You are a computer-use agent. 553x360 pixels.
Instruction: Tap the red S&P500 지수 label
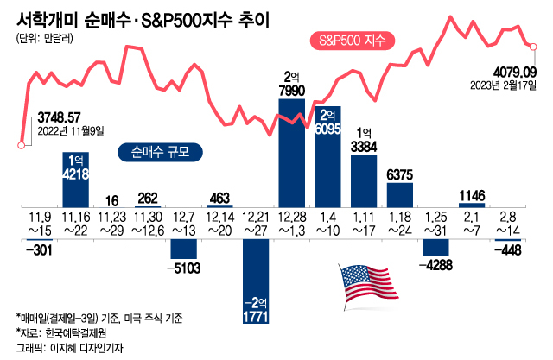[351, 40]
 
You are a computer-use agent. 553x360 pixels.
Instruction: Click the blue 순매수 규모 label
[160, 151]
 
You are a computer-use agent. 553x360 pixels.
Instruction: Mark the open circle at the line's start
[21, 145]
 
